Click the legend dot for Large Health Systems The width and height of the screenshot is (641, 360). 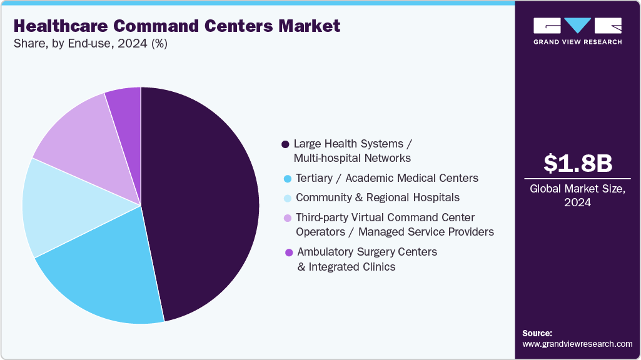coord(286,144)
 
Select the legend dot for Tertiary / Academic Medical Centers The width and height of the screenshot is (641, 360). coord(287,179)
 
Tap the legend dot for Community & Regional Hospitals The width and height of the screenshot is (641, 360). coord(287,198)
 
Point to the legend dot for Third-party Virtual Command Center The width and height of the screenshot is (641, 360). coord(287,218)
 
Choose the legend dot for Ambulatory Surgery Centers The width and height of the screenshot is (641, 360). coord(288,252)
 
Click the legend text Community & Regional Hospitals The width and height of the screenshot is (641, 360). coord(377,197)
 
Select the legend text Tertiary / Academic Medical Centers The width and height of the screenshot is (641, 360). coord(386,178)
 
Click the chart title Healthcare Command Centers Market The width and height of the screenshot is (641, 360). coord(177,26)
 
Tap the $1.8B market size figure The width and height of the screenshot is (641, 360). coord(577,163)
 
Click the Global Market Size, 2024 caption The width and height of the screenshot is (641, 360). coord(577,195)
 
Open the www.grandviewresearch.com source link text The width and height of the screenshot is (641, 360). coord(577,344)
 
